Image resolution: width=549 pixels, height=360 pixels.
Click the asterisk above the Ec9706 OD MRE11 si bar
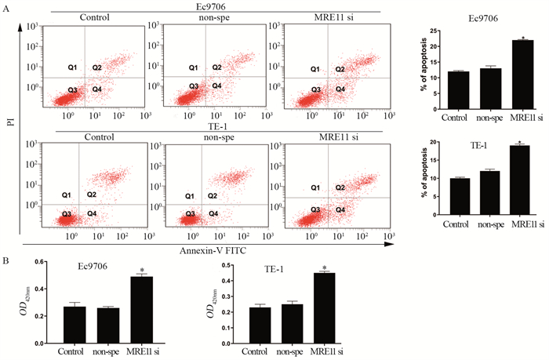tap(141, 271)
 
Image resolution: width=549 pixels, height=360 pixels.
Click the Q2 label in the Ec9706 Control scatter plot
tap(97, 68)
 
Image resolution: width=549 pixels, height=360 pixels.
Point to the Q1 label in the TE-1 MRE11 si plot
tap(314, 187)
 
